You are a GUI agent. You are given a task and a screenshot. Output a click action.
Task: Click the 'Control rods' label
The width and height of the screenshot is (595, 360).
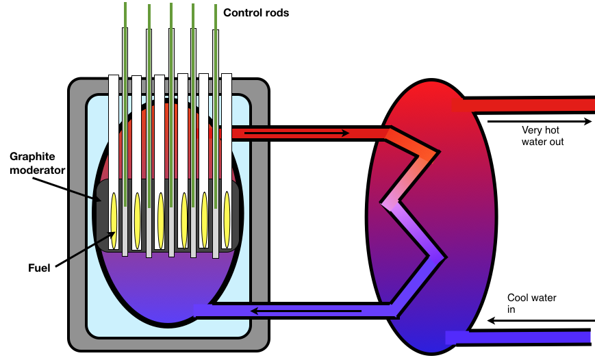[255, 12]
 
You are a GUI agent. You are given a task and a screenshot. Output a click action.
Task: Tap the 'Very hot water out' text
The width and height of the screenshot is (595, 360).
[542, 136]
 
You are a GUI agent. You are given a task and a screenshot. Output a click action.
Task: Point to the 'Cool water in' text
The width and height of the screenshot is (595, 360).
[531, 303]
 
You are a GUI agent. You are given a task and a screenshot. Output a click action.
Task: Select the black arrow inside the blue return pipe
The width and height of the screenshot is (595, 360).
[304, 312]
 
